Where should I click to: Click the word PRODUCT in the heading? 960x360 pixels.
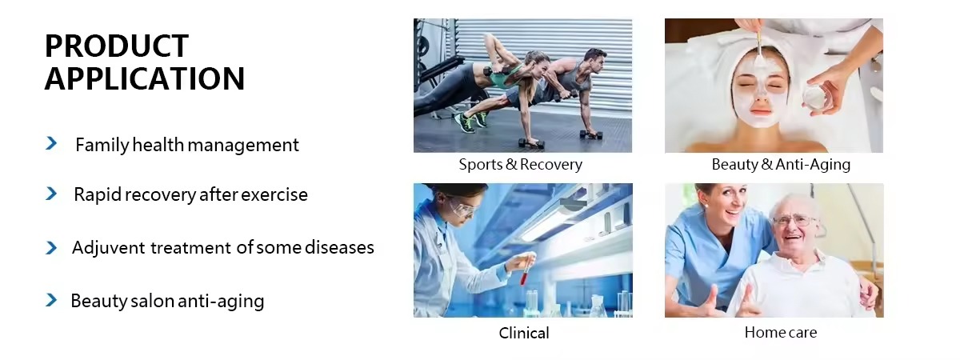coord(117,46)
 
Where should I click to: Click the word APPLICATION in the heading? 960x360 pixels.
coord(145,78)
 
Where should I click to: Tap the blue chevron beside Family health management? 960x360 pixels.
coord(51,143)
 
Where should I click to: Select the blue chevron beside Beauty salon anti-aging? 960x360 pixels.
coord(51,300)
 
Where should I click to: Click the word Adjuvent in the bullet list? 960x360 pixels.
coord(109,248)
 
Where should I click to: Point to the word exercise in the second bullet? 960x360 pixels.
coord(274,194)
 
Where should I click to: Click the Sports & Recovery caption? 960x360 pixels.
coord(520,164)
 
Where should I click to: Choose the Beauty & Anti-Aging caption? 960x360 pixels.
coord(781,164)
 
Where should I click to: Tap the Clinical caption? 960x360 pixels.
coord(524,333)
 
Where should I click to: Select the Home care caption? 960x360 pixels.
coord(781,332)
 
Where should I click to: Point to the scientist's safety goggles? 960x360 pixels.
coord(464,209)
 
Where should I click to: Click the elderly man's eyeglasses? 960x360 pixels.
coord(794,222)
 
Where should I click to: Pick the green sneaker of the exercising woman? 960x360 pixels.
coord(465,122)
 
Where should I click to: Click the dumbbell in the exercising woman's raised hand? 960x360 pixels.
coord(494,72)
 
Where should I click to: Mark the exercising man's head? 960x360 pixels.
coord(595,62)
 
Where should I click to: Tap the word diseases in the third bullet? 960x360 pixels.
coord(339,248)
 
